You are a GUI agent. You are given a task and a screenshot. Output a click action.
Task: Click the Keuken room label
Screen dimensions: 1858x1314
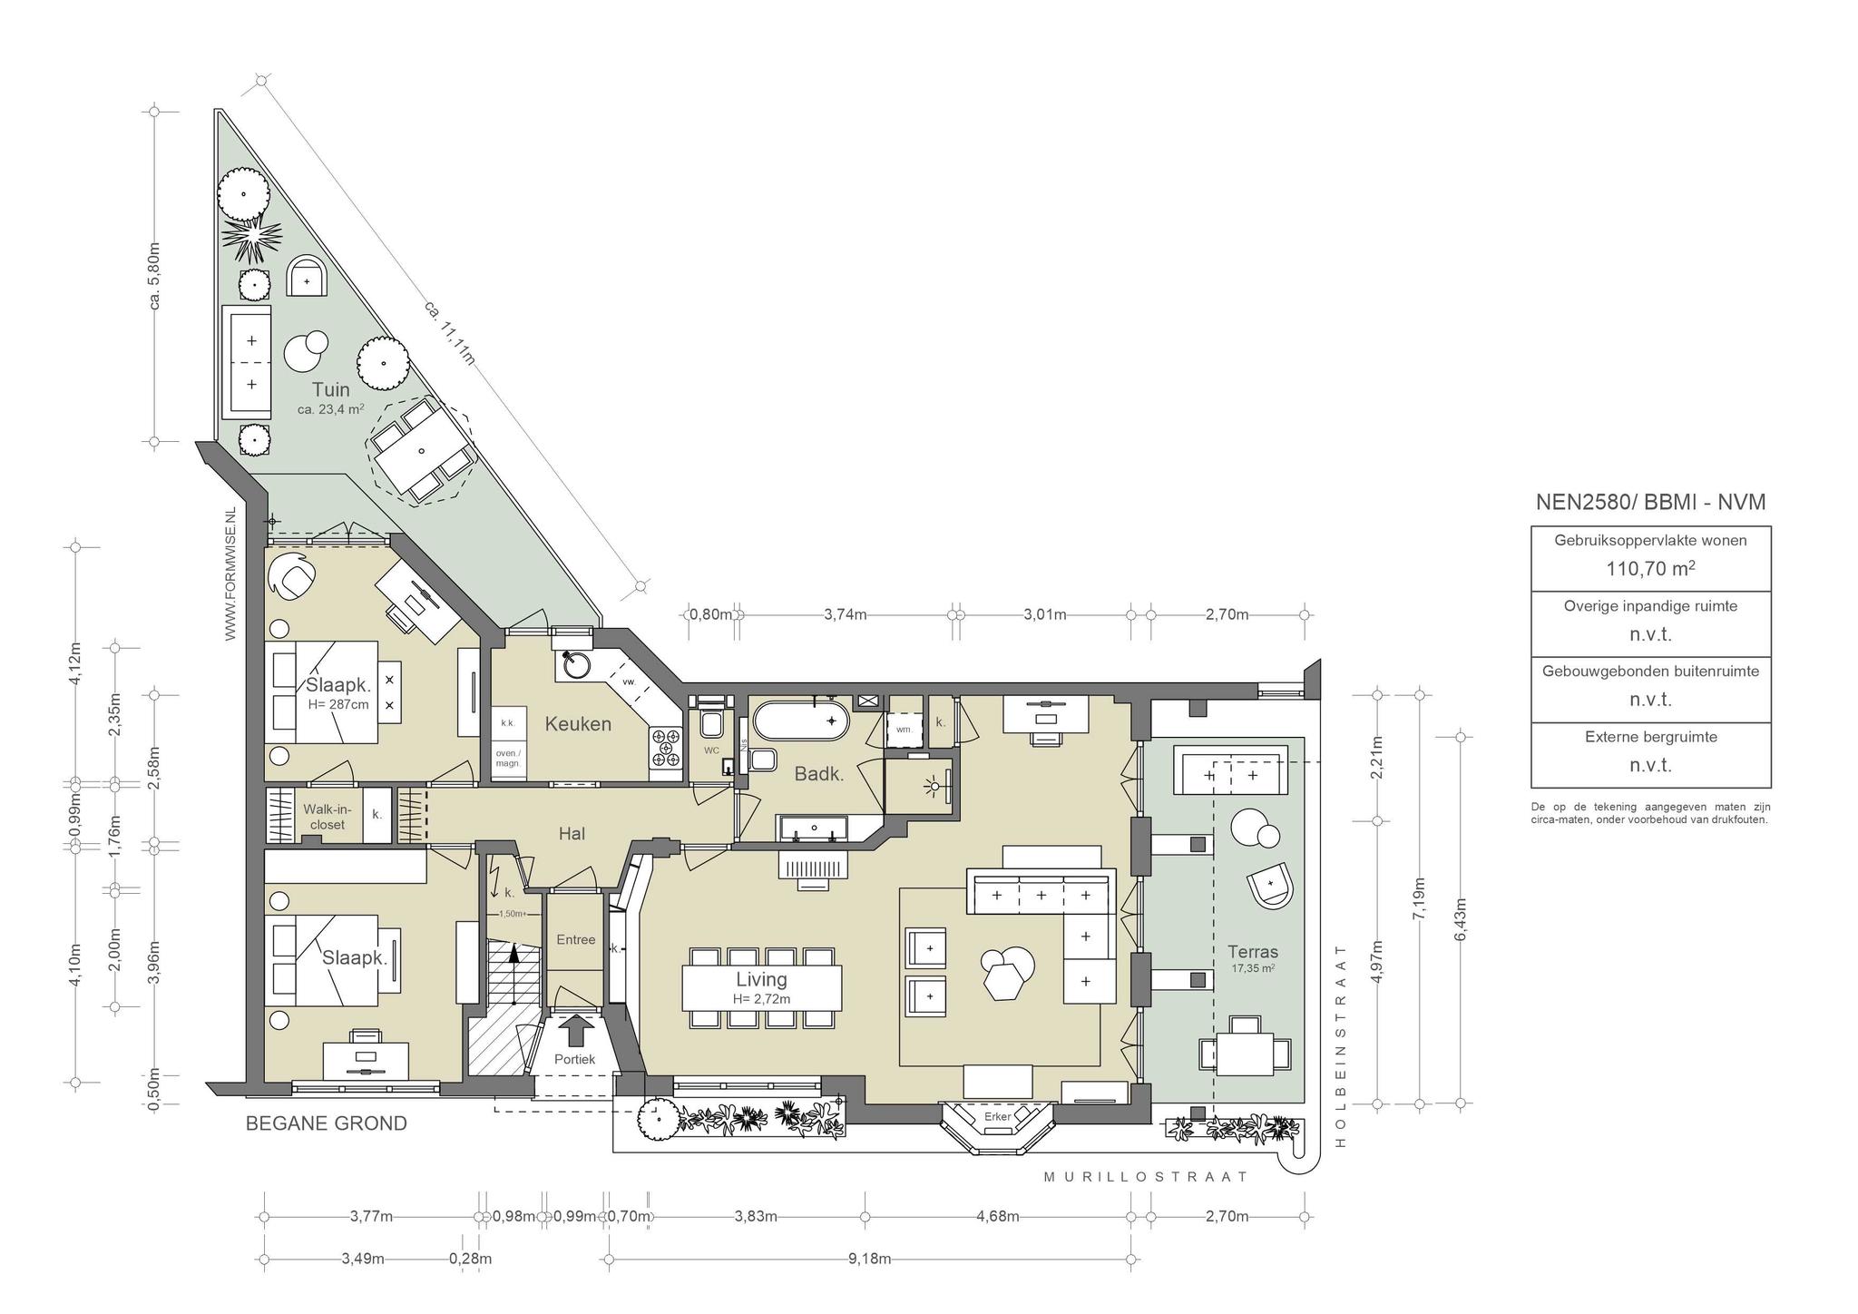578,724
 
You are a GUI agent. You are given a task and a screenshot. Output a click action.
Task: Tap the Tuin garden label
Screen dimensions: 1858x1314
330,389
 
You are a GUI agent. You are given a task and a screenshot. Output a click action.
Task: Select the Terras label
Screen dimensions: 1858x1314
1253,952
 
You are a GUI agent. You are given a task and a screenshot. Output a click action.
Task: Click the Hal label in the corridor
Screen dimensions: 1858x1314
572,833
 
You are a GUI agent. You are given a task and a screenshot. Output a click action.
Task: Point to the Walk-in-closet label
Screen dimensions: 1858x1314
327,817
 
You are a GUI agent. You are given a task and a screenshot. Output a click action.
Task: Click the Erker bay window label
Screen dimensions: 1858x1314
997,1116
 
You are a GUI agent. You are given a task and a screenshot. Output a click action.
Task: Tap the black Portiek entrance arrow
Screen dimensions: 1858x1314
575,1032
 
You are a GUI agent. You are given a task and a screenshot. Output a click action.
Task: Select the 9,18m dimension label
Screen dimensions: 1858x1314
869,1259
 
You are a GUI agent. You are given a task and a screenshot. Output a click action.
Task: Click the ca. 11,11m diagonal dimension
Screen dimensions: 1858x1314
449,333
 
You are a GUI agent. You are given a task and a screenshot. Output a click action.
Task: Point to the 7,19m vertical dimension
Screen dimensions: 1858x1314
1420,898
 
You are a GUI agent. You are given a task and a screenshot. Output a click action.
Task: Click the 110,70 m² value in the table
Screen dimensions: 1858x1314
1650,569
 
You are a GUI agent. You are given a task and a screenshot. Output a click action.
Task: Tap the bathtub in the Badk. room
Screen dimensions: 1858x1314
802,721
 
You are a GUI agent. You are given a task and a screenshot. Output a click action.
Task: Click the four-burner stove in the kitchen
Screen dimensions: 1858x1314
665,750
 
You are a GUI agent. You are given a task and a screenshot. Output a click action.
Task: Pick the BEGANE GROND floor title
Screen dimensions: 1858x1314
327,1123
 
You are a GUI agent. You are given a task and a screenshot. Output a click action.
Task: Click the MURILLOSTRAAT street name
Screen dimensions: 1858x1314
1146,1177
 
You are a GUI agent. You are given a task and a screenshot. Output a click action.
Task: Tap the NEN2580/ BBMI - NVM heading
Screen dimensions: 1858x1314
1650,502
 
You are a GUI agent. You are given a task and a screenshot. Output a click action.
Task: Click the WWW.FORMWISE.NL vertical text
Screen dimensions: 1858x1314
230,574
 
